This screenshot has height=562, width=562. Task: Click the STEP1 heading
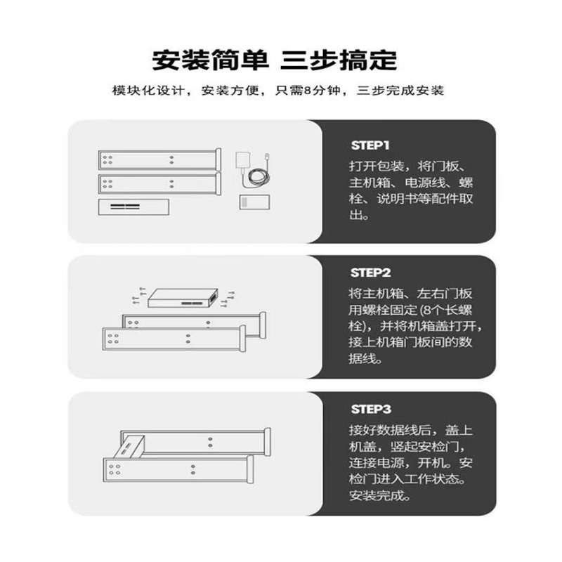click(x=370, y=145)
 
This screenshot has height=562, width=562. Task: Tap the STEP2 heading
click(x=370, y=273)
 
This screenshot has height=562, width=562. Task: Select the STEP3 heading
click(x=370, y=408)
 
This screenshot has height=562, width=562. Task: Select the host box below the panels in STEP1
click(x=134, y=207)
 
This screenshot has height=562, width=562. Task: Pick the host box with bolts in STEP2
click(x=184, y=298)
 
